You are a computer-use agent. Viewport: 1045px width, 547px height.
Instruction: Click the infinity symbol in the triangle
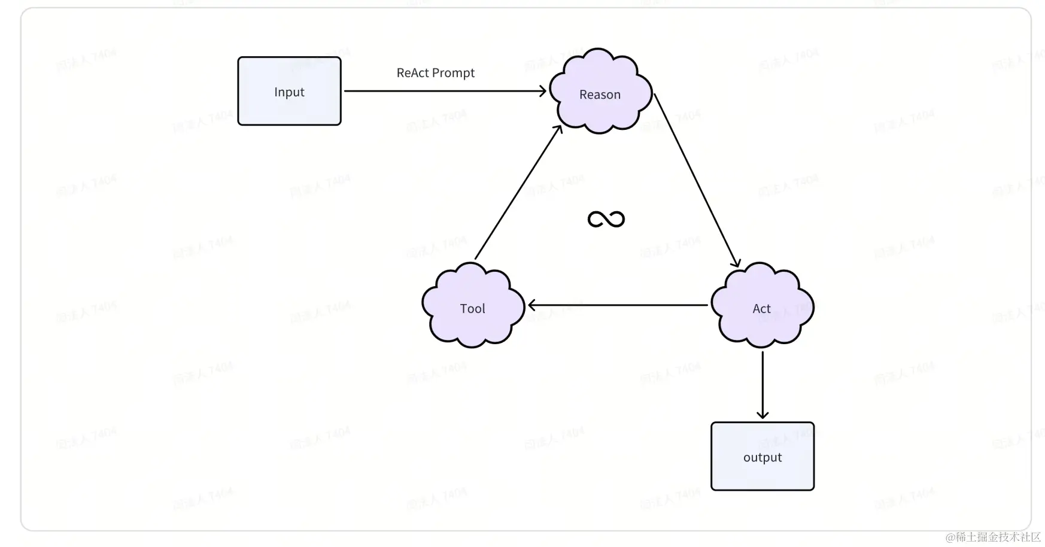(x=606, y=219)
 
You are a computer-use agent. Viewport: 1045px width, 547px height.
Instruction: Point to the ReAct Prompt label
(x=435, y=73)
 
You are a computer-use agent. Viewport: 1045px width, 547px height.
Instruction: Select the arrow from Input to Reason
(x=443, y=91)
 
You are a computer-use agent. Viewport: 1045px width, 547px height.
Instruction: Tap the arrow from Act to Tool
(x=616, y=305)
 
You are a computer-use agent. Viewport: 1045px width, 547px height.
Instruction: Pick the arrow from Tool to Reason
(x=518, y=193)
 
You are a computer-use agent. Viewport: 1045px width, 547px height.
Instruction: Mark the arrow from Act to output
(x=762, y=383)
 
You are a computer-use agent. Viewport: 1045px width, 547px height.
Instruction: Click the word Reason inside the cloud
(x=600, y=95)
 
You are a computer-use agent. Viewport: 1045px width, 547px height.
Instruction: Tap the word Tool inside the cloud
(x=472, y=309)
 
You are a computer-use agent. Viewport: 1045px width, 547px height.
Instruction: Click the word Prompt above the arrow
(x=453, y=73)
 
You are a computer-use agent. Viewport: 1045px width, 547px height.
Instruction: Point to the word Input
(x=289, y=92)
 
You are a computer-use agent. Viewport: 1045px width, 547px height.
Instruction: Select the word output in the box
(x=762, y=457)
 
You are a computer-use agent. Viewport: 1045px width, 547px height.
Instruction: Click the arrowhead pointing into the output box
(x=762, y=415)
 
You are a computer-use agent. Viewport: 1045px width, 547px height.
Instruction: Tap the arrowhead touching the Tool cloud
(x=532, y=305)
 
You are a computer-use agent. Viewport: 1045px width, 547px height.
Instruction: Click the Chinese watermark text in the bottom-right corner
(x=993, y=537)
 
